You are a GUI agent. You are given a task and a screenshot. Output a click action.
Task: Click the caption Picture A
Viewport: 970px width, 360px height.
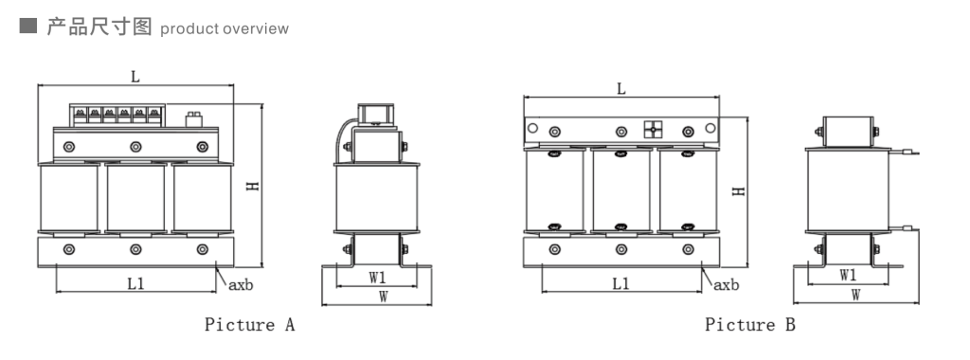(x=250, y=325)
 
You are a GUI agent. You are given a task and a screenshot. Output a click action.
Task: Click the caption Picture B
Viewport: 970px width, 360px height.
(x=750, y=325)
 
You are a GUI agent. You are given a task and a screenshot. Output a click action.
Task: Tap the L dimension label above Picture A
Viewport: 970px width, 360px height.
(x=135, y=78)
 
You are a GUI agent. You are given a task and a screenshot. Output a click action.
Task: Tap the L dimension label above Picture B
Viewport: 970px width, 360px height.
(x=621, y=89)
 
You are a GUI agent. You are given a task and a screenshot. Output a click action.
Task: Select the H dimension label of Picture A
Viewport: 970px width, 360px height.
(x=253, y=186)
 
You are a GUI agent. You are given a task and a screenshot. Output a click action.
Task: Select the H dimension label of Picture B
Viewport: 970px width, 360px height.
(x=739, y=191)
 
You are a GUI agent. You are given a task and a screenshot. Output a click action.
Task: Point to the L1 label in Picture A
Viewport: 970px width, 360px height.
(x=135, y=284)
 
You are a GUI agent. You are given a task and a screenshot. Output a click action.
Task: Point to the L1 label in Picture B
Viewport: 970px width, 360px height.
(x=621, y=284)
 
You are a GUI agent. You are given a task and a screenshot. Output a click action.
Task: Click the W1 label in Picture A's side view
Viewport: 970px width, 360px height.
(x=377, y=278)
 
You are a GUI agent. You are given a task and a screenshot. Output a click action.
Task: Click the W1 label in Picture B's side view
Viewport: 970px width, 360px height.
(x=848, y=276)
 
